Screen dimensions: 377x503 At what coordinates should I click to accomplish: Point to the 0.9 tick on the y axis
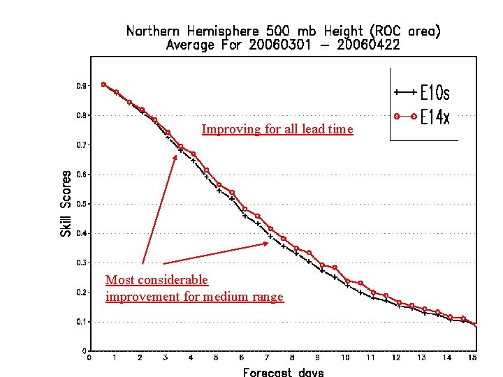[82, 86]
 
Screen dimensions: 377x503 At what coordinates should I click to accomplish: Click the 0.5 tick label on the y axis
[82, 204]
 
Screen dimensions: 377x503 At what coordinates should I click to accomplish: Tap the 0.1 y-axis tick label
[82, 322]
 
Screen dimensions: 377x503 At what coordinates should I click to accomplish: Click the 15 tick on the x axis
[473, 358]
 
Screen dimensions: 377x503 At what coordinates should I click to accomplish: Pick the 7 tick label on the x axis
[267, 358]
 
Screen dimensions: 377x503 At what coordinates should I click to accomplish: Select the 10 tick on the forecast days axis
[345, 358]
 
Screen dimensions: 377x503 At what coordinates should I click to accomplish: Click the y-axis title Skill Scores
[66, 203]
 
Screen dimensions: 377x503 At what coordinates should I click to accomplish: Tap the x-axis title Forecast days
[283, 371]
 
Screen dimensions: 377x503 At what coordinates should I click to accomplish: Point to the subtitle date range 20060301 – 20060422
[283, 45]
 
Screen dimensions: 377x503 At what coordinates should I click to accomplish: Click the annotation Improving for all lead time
[277, 129]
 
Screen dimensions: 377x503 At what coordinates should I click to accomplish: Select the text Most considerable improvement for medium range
[194, 288]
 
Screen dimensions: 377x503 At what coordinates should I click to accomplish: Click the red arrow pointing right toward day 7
[217, 253]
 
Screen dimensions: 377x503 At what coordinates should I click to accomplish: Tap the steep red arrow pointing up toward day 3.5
[160, 209]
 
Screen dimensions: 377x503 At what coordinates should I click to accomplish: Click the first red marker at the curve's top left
[103, 84]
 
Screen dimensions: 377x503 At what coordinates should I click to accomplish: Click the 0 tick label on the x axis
[89, 358]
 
